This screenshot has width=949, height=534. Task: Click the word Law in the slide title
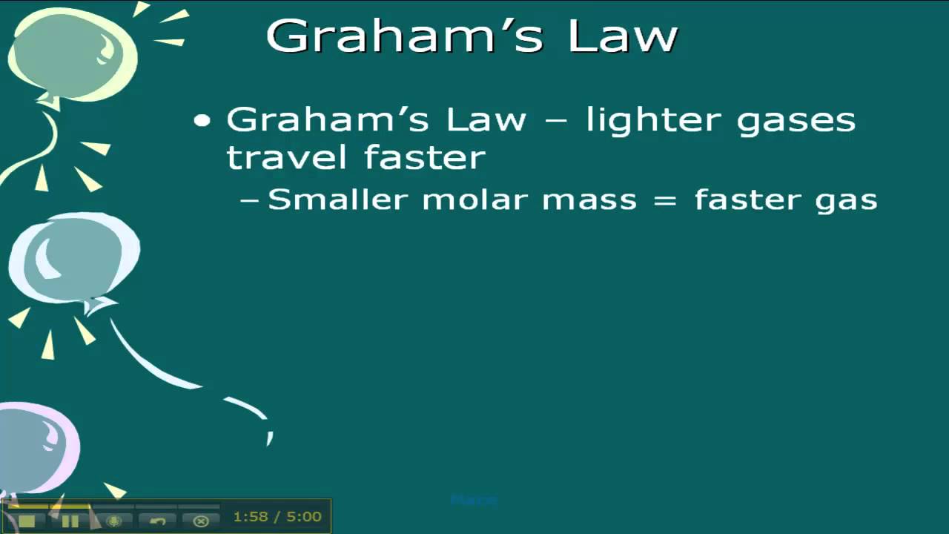622,36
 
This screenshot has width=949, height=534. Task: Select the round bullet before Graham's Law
202,121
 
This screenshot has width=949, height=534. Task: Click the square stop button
27,521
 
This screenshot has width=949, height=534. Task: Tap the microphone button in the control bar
113,521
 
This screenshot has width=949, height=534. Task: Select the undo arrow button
157,521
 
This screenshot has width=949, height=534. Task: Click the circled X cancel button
201,521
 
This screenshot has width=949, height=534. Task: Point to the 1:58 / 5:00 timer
277,517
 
